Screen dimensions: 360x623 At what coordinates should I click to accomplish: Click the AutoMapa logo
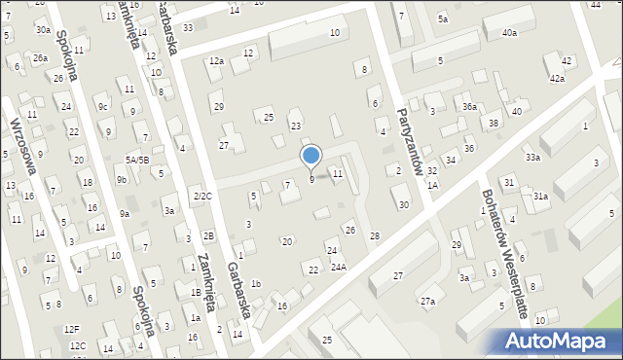pos(559,341)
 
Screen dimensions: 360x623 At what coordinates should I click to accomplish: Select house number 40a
pos(509,33)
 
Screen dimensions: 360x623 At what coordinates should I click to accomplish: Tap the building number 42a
pos(557,78)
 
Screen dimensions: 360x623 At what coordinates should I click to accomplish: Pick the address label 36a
pos(469,106)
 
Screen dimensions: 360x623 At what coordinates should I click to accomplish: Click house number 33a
pos(532,157)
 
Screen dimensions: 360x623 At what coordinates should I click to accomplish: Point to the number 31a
pos(540,197)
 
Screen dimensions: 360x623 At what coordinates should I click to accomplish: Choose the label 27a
pos(427,302)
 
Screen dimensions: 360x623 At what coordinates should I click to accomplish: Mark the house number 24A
pos(338,267)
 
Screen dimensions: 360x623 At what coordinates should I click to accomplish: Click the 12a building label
pos(216,61)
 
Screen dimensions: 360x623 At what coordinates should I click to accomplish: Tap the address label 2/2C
pos(202,197)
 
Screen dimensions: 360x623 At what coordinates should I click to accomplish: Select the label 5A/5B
pos(136,160)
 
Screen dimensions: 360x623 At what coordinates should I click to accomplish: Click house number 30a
pos(44,30)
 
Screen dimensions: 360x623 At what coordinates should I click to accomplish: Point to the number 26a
pos(40,58)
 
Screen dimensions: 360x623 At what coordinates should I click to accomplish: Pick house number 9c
pos(102,107)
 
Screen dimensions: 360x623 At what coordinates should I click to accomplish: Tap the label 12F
pos(72,330)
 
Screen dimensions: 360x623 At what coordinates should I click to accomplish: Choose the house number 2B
pos(208,236)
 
